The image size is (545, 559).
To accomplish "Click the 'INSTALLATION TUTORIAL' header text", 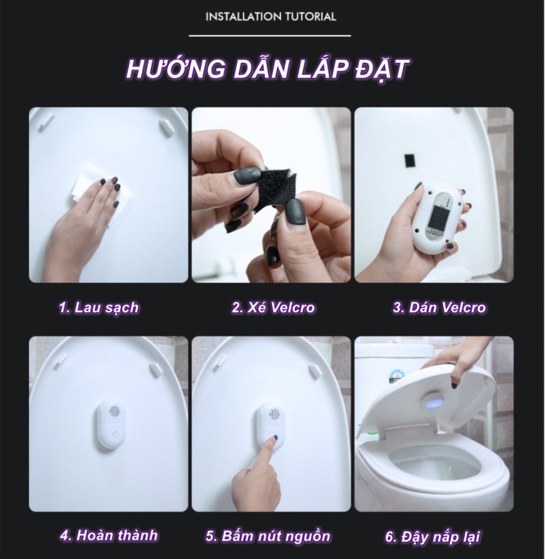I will point(271,17).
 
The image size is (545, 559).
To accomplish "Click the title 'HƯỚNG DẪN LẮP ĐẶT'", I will point(268,70).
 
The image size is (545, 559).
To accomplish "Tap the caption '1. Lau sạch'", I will point(99,307).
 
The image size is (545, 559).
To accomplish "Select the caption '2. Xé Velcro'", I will point(273,307).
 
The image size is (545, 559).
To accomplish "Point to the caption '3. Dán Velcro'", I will point(438,307).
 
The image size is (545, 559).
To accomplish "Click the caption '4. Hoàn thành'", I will point(109,535).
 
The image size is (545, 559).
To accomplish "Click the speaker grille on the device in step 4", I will point(112,412).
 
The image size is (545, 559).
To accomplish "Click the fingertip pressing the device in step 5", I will point(273,440).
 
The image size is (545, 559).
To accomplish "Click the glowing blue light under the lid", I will point(432,402).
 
